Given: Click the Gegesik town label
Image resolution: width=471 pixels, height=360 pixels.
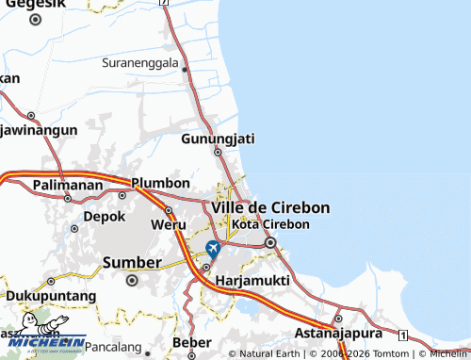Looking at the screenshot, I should [30, 4].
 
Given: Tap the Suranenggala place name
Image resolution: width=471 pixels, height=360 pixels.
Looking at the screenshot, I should [140, 63].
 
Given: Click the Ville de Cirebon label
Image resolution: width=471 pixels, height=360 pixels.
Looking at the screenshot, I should [270, 206].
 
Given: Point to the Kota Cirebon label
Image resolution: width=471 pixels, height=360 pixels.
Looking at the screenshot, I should [270, 224].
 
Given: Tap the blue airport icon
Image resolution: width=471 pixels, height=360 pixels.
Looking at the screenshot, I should [213, 248].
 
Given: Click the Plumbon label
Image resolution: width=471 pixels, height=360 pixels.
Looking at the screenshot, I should [160, 182].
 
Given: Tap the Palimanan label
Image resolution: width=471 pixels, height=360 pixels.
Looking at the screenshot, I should [67, 185].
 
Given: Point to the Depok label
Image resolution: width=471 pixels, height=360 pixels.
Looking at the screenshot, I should [105, 216].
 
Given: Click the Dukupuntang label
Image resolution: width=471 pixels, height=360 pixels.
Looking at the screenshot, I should [51, 295].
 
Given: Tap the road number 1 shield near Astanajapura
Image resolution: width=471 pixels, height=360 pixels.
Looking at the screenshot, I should [402, 335].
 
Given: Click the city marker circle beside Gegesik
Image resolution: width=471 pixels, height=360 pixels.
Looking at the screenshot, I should [35, 18].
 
